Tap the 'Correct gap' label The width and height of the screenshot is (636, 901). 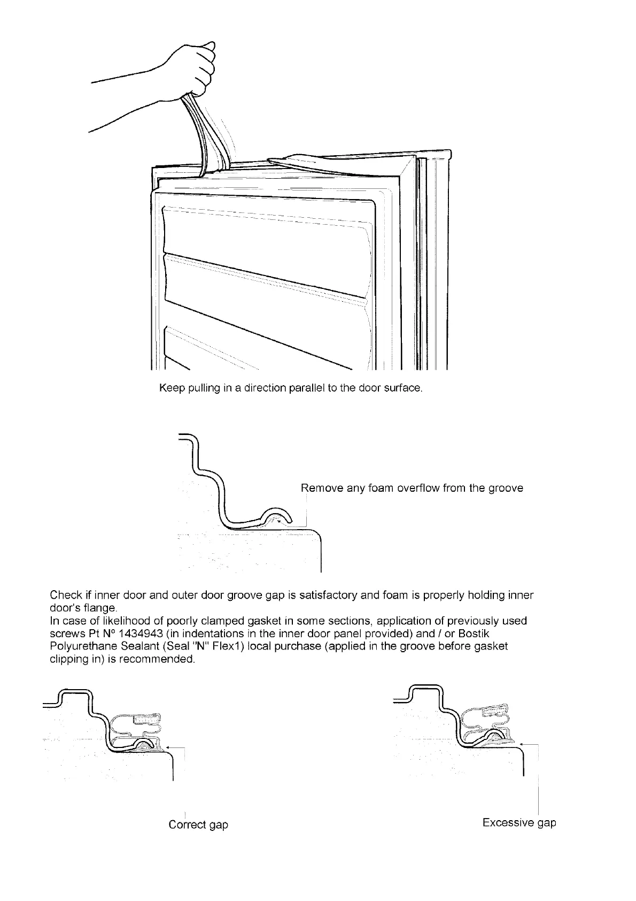(198, 824)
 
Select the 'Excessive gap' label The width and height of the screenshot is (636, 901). (519, 822)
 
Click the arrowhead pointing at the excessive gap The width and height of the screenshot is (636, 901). (520, 744)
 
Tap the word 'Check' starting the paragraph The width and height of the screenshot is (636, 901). (66, 595)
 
